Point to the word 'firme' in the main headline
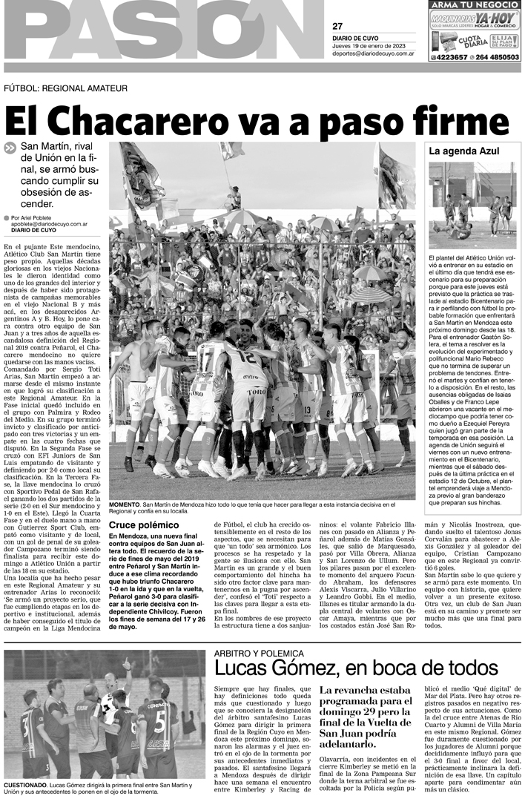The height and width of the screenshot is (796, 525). click(x=464, y=119)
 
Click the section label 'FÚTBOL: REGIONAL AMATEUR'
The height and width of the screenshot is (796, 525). click(x=56, y=88)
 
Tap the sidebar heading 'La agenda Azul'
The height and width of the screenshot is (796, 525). click(x=458, y=151)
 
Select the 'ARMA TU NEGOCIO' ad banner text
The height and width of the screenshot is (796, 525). click(x=475, y=6)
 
